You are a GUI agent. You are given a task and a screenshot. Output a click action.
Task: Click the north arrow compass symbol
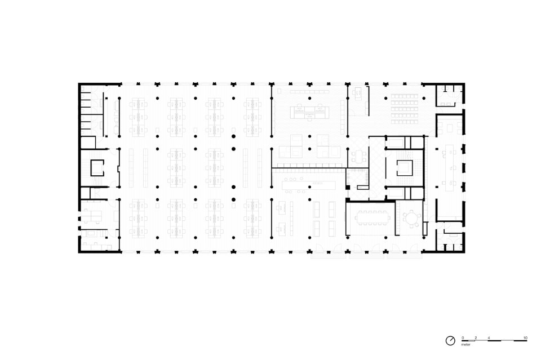tap(450, 341)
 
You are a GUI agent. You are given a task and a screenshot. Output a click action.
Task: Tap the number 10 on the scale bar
tap(525, 338)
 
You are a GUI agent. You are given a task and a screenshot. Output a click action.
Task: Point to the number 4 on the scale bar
tap(489, 338)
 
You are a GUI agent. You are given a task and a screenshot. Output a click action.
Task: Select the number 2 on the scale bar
tap(476, 338)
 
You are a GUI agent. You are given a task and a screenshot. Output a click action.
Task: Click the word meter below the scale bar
tap(466, 344)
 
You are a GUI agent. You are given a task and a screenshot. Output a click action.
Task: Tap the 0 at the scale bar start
tap(463, 338)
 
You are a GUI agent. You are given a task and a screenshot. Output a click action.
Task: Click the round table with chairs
tap(411, 219)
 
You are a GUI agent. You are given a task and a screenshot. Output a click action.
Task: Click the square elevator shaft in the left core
tap(97, 167)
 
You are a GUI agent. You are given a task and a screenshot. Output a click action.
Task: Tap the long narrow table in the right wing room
tap(450, 168)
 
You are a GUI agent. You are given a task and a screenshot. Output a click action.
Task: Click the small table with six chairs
tap(359, 157)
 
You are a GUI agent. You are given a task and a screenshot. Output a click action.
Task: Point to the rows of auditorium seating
tap(404, 109)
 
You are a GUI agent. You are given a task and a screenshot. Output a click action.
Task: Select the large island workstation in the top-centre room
tap(309, 113)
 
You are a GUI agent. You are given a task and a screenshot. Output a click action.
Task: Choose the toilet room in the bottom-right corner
tap(449, 237)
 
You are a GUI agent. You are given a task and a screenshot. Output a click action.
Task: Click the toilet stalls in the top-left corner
tap(91, 110)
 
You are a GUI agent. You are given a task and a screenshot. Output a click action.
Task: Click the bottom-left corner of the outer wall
tap(79, 253)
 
